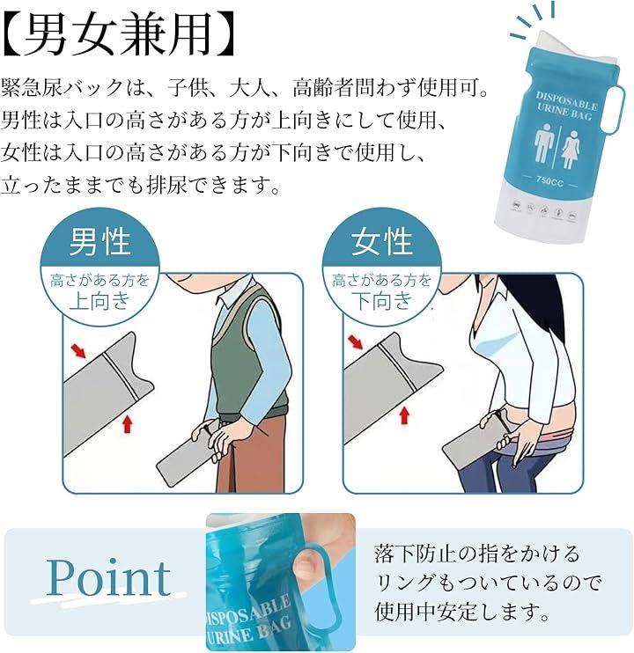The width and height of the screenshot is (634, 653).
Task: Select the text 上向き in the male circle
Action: tap(100, 300)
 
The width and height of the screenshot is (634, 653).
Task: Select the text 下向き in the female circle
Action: tap(382, 300)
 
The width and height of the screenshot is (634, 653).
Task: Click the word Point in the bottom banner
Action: tap(108, 577)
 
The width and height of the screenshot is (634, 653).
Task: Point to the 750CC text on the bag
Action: tap(549, 180)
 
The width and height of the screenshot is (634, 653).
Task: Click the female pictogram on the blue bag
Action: tap(571, 149)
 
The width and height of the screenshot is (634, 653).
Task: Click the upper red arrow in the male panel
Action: tap(78, 350)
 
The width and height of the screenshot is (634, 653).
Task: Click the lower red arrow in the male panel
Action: tap(128, 424)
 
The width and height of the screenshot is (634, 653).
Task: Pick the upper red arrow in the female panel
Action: tap(355, 341)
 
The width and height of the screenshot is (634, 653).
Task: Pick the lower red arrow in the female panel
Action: tap(403, 415)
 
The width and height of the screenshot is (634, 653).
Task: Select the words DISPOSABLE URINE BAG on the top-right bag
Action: tap(565, 106)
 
